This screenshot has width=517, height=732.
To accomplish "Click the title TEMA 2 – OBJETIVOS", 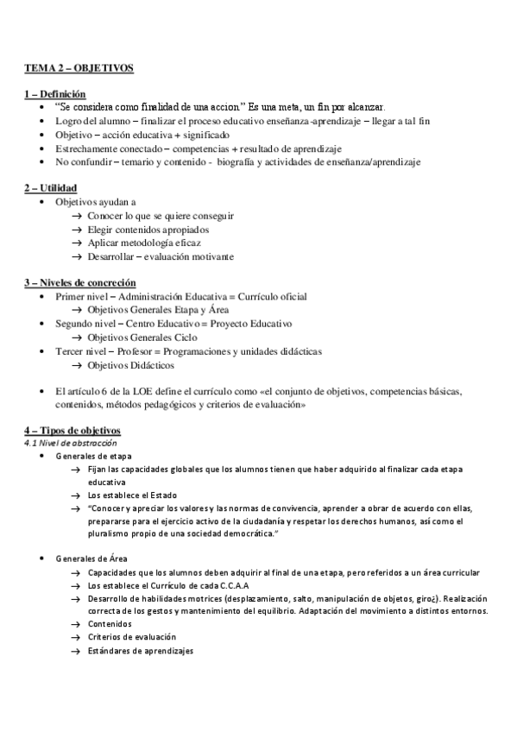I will [79, 67].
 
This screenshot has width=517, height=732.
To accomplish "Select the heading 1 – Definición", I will [54, 94].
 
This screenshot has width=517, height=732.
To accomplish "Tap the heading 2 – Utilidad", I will [51, 187].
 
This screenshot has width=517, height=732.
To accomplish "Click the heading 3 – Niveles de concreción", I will [79, 282].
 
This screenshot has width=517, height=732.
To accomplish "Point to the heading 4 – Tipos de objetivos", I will [73, 430].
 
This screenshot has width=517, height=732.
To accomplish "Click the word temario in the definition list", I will [136, 161].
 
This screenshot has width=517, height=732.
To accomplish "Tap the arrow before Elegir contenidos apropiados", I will [77, 230].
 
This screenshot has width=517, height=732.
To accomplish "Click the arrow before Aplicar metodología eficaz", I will [77, 243].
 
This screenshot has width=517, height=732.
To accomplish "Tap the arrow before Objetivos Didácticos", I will [77, 365].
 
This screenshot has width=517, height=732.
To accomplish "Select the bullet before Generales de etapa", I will [44, 456].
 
